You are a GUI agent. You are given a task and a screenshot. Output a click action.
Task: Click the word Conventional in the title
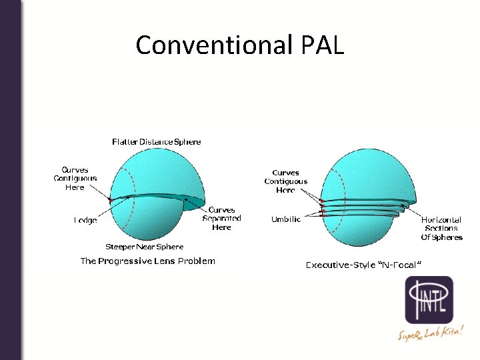point(214,45)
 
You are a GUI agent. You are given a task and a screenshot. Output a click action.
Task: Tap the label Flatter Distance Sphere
point(157,141)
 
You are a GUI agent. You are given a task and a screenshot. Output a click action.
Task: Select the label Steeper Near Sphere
point(144,247)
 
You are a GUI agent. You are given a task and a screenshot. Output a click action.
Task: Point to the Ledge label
point(85,219)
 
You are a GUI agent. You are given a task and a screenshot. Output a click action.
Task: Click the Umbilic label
point(286,219)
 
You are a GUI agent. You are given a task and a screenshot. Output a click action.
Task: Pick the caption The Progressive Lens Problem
point(147,261)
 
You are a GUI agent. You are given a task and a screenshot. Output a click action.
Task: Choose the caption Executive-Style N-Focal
point(363,265)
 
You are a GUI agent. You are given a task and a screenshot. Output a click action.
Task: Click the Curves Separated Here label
point(221,219)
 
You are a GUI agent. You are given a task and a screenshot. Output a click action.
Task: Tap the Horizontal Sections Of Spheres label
point(441,228)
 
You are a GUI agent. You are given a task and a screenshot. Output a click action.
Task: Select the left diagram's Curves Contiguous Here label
point(75,179)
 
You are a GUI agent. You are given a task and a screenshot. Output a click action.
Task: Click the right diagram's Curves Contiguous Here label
point(285,181)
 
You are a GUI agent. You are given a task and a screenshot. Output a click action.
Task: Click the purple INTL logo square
point(429,300)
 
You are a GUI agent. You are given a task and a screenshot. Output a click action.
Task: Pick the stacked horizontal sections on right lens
point(363,206)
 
